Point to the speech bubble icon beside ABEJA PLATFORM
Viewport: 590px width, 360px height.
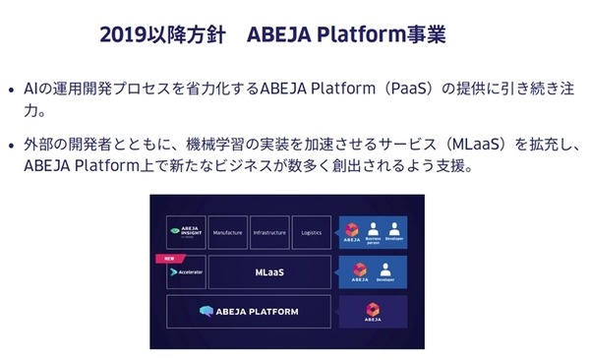[x=206, y=312]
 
